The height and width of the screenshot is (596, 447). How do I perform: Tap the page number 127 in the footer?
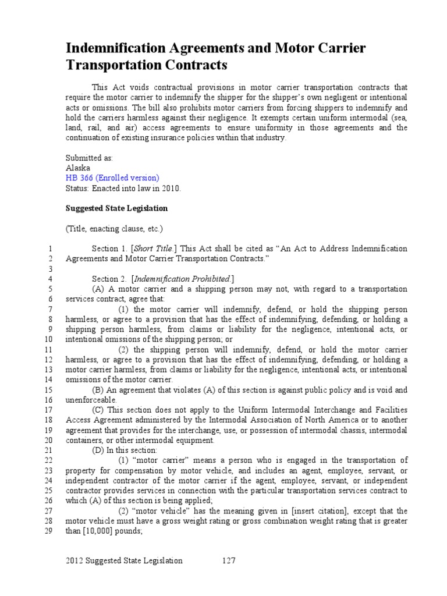(228, 560)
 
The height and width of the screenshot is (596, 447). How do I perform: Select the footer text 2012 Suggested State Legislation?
(124, 560)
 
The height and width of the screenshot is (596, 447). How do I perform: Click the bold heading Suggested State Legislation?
(116, 208)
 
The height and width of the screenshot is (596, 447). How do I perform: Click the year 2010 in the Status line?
(172, 189)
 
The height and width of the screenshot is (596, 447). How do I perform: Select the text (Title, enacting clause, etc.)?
(114, 228)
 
